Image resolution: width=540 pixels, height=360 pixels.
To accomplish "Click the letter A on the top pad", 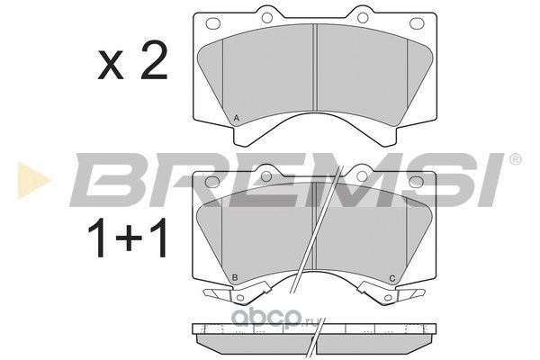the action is pyautogui.click(x=236, y=118).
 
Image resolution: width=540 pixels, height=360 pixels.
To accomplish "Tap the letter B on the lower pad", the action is pyautogui.click(x=235, y=278).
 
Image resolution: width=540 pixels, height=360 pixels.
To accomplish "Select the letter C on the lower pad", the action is pyautogui.click(x=391, y=278).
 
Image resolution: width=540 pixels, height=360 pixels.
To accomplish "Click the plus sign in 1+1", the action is pyautogui.click(x=129, y=238).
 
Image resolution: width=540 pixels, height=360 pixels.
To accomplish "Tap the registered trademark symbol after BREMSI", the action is pyautogui.click(x=515, y=159).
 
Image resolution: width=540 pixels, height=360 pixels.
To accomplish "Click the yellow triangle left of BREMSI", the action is pyautogui.click(x=33, y=181).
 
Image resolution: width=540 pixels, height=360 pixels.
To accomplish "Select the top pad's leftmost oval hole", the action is pyautogui.click(x=212, y=23).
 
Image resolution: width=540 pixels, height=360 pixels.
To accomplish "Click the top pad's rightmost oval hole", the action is pyautogui.click(x=417, y=23).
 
